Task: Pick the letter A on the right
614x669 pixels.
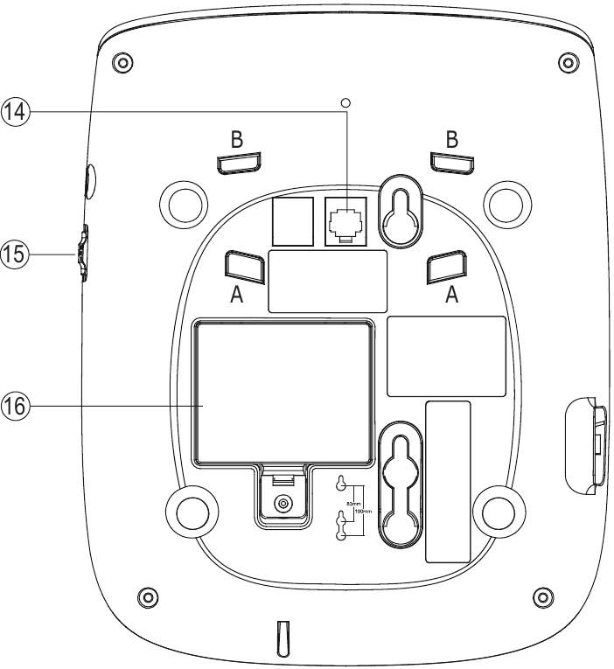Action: [451, 296]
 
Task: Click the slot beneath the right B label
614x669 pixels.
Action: [451, 163]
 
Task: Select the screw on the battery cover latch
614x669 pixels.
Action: [282, 504]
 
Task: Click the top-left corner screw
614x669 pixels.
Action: [124, 63]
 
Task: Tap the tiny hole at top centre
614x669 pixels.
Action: [345, 102]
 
